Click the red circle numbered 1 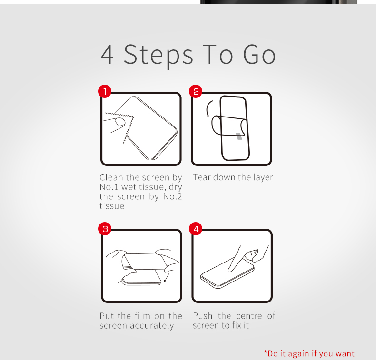(105, 91)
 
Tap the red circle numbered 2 (196, 91)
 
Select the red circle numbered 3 (105, 229)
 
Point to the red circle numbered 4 (196, 229)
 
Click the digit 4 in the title (107, 54)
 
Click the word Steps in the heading (158, 56)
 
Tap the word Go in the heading (259, 55)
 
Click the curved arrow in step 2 (208, 108)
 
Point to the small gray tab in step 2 (239, 136)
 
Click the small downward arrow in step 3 (167, 278)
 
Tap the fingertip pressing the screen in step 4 (230, 270)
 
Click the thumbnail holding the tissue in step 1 (120, 122)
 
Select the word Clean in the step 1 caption (111, 177)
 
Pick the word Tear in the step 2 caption (202, 177)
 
